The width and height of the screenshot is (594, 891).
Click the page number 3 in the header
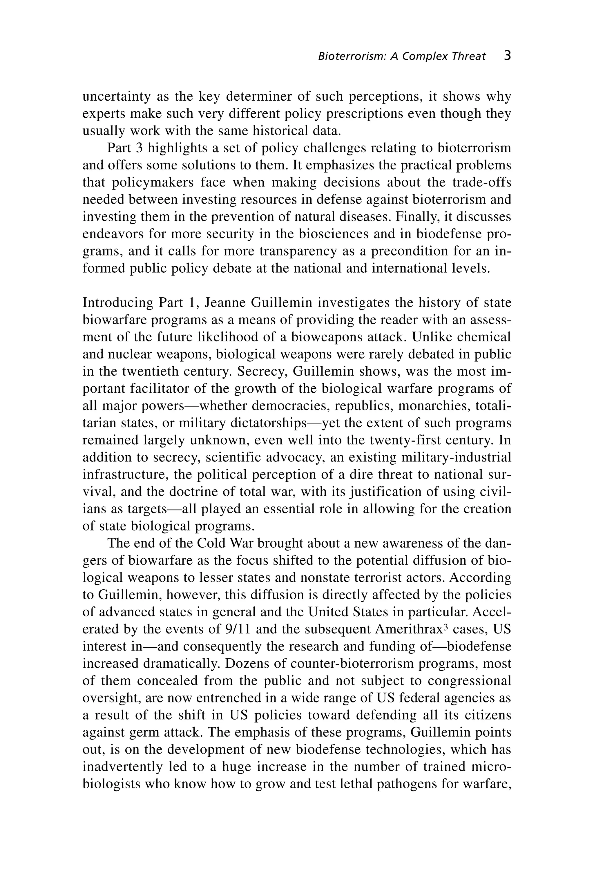pyautogui.click(x=508, y=56)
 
